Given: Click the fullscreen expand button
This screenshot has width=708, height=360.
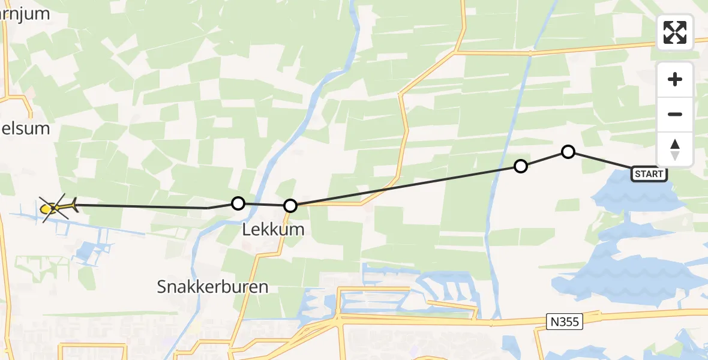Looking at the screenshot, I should coord(675,32).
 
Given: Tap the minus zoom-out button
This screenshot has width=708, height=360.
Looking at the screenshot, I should coord(675,114).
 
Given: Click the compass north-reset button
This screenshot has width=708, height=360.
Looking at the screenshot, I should coord(675,149).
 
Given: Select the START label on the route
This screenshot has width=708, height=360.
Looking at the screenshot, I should coord(649,174).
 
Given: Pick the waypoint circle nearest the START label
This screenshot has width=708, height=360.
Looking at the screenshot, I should coord(568,152).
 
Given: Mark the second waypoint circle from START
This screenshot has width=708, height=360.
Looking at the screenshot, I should coord(521,166).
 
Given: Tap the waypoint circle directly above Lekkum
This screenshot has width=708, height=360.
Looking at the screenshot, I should coord(290,206).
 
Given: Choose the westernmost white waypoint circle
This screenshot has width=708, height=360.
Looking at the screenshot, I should coord(238,203).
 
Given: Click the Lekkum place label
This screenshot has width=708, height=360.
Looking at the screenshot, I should coord(273,229).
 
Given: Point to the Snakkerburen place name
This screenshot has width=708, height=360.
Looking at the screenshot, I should coord(212,287).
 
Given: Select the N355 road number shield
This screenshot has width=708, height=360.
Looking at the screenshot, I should coord(565,322).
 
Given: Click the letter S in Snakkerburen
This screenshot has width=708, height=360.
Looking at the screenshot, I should coord(163,287).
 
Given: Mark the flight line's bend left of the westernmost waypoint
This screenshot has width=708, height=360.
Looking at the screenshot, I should coord(208,208).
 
